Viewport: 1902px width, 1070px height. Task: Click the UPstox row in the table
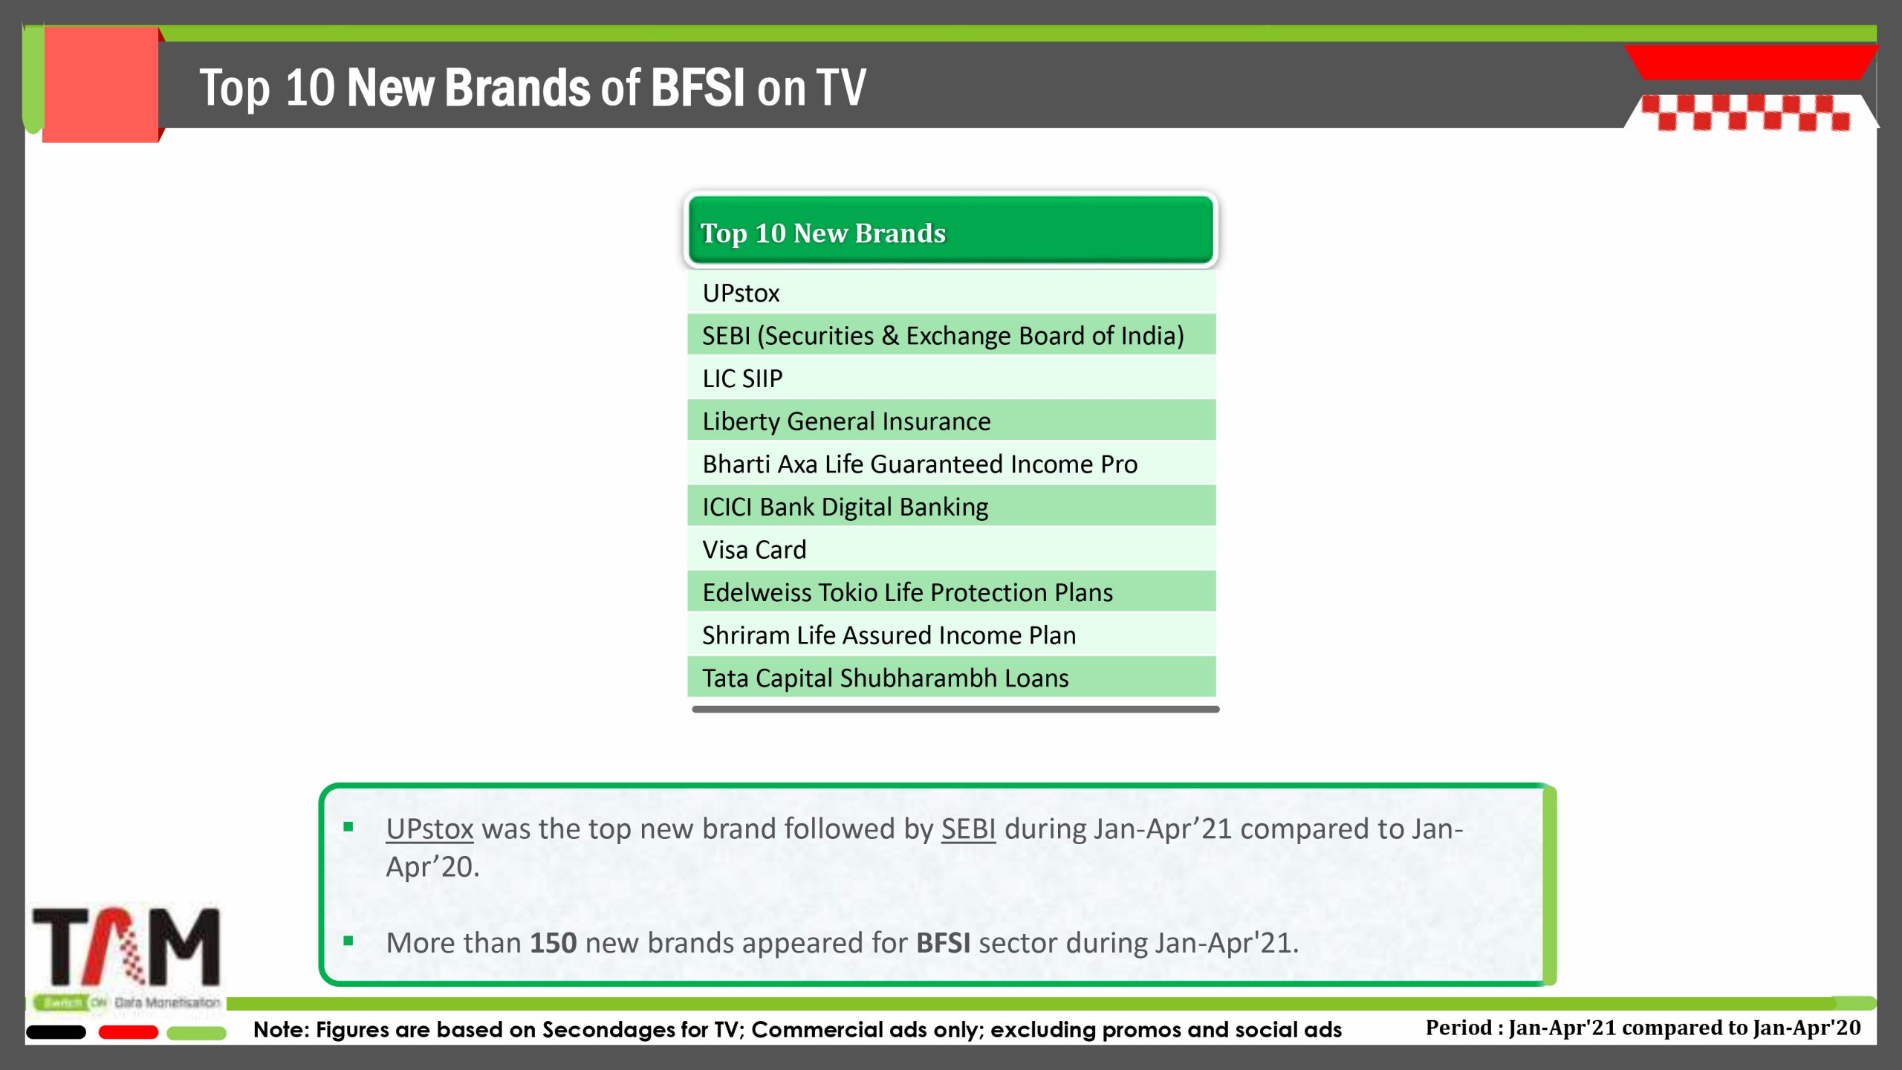point(951,292)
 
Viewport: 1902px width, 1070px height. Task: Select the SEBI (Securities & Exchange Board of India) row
point(951,335)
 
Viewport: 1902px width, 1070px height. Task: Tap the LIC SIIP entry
point(951,377)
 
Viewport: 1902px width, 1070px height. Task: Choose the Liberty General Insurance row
point(951,421)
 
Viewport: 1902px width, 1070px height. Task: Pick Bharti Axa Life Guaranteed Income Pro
point(951,463)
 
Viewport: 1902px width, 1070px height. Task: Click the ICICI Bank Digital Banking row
point(951,506)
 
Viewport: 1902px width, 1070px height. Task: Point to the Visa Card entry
point(951,548)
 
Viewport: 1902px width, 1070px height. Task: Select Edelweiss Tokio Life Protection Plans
point(951,591)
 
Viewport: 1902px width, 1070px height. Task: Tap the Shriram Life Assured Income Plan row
point(951,634)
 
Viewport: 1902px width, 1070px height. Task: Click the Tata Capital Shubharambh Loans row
point(951,677)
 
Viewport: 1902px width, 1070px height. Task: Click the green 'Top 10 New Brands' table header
point(951,230)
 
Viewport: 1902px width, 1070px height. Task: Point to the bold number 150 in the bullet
point(553,943)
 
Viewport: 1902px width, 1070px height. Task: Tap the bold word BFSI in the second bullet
point(943,943)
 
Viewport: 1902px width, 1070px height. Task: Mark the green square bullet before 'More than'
point(348,941)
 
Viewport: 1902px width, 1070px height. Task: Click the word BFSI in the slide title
point(698,88)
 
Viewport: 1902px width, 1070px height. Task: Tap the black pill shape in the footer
point(56,1032)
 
